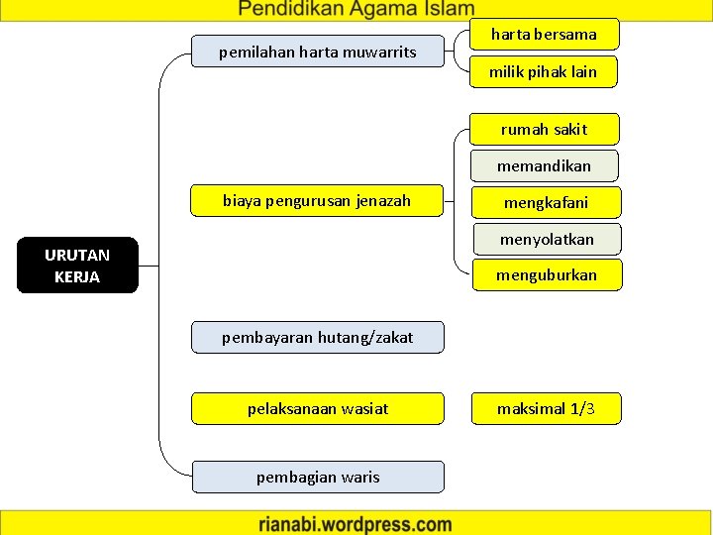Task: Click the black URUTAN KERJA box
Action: (x=77, y=266)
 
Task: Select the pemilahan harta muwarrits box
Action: (x=318, y=51)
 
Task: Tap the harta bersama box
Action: (x=544, y=35)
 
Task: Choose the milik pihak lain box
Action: (x=544, y=71)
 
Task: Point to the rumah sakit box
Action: (x=544, y=129)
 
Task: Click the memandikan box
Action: (x=544, y=165)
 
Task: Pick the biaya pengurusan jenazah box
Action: (x=317, y=201)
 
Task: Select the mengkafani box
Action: (x=546, y=202)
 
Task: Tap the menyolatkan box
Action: (x=547, y=239)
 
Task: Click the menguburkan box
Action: (x=547, y=274)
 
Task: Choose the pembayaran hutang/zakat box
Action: (x=317, y=337)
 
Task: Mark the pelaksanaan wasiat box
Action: (x=317, y=408)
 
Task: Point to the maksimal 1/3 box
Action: (x=546, y=408)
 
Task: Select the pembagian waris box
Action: (x=317, y=478)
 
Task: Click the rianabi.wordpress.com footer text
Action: (x=356, y=524)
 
